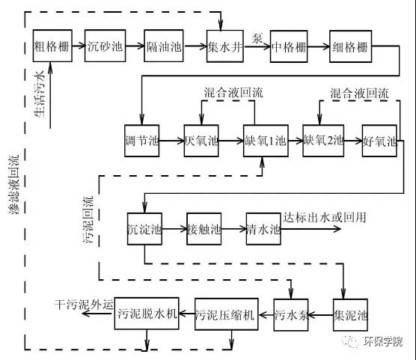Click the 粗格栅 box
click(52, 46)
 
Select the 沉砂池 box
click(105, 46)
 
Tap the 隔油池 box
click(164, 46)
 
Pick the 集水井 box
click(225, 46)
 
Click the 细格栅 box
click(350, 46)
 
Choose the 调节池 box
click(142, 141)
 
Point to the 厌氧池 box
click(201, 141)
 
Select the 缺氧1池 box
click(266, 141)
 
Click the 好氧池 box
click(379, 141)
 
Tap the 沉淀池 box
click(144, 229)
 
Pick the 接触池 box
click(204, 229)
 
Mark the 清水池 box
click(263, 229)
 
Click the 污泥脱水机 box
click(147, 314)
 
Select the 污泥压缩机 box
click(227, 314)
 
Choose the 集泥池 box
click(350, 315)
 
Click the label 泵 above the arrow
click(257, 38)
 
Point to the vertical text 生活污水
click(40, 94)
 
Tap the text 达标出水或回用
click(325, 218)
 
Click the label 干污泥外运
click(84, 305)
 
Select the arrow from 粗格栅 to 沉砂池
click(79, 46)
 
